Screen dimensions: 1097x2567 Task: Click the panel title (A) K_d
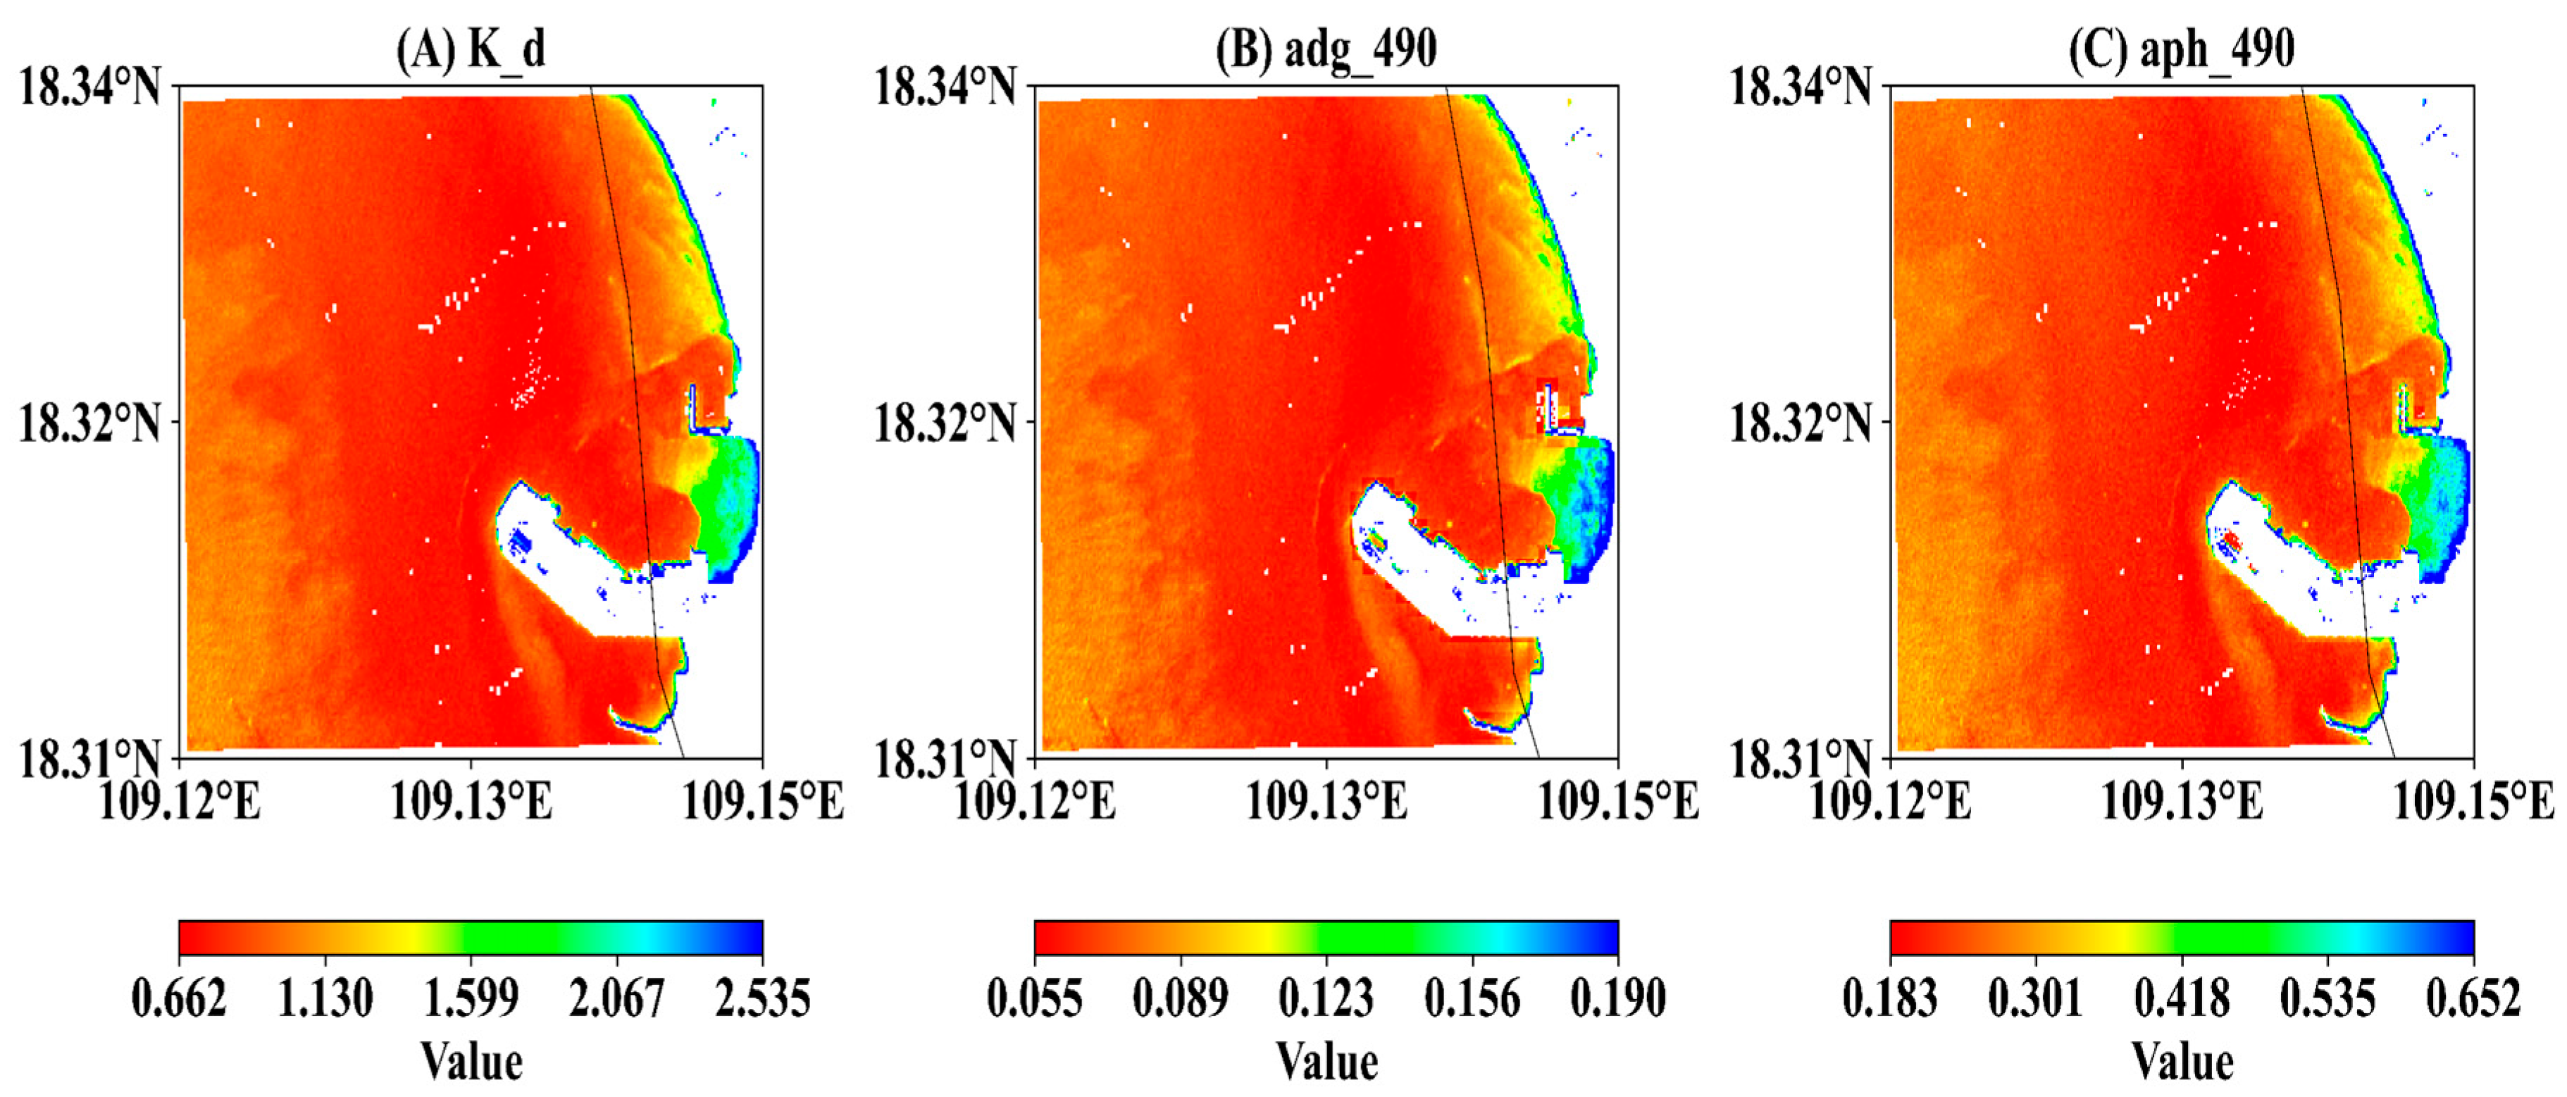471,48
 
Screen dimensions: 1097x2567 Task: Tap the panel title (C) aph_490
2182,48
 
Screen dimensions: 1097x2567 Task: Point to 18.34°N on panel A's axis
89,87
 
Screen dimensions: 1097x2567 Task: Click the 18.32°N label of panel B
945,423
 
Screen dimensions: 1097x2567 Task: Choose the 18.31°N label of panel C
1800,760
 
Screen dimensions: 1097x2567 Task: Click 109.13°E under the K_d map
471,800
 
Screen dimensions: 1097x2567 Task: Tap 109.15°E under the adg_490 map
1618,800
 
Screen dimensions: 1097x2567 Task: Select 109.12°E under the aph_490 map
1890,800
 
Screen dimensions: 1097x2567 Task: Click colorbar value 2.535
762,998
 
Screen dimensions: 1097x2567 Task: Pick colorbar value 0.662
180,998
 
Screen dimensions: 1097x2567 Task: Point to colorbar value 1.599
471,998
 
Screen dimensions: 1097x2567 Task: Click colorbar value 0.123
1326,998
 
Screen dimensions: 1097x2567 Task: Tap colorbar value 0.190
1618,998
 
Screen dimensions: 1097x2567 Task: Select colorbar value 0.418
2182,998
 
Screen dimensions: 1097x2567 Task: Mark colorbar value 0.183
1890,998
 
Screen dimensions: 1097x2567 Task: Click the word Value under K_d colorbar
471,1061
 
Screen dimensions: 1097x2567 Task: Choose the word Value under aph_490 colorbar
2182,1061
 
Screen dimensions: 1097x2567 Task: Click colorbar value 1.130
325,998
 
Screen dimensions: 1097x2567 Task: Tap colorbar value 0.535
2327,998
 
